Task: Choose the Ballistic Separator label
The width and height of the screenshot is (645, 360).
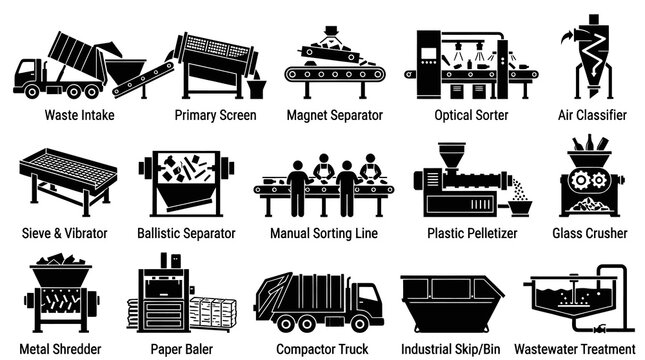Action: [x=186, y=233]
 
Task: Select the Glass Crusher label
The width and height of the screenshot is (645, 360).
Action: [x=590, y=233]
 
